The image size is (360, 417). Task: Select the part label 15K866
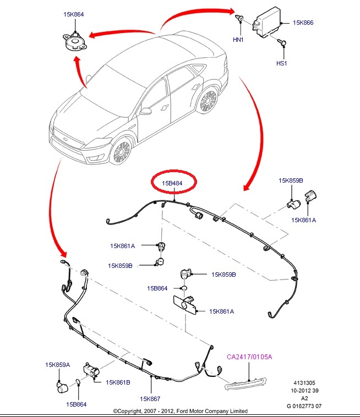click(303, 23)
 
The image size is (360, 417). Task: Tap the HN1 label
click(238, 40)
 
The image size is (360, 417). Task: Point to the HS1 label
click(282, 63)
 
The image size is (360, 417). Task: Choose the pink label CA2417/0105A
click(249, 357)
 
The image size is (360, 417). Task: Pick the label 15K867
click(150, 399)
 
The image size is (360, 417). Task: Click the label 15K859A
click(58, 365)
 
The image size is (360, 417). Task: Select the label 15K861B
click(118, 381)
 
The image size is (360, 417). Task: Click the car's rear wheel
click(208, 102)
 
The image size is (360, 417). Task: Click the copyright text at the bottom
click(180, 411)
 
